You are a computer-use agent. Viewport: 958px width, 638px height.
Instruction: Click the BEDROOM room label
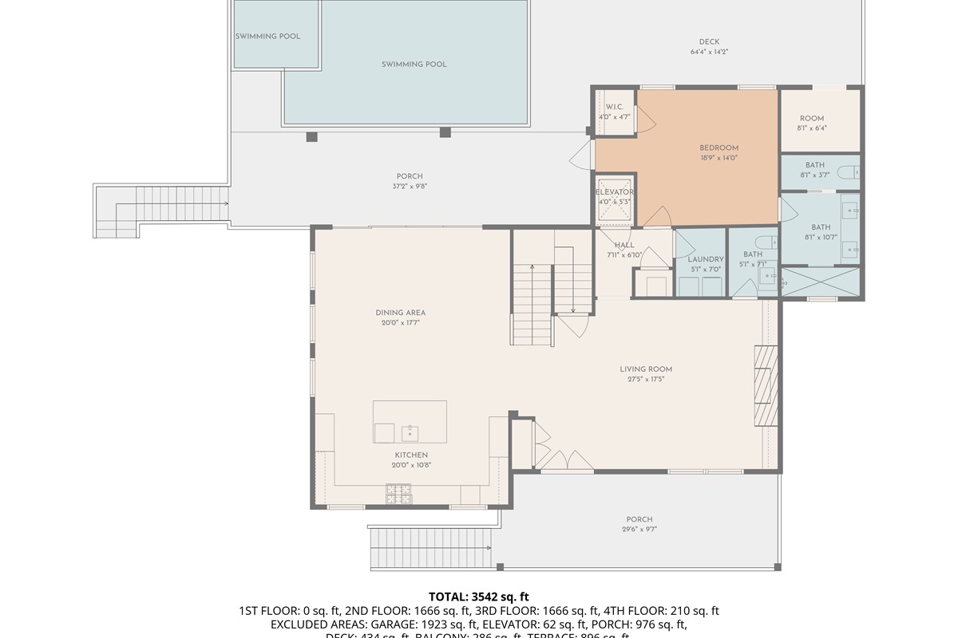click(718, 148)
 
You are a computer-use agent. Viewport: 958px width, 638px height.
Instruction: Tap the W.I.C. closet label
click(614, 107)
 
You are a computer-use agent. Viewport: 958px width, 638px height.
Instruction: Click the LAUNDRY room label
click(705, 259)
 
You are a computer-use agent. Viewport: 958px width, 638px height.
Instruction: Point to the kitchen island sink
click(410, 433)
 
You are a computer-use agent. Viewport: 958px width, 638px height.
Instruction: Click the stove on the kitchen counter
click(398, 494)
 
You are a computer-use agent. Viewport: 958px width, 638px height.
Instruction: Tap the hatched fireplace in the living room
click(766, 385)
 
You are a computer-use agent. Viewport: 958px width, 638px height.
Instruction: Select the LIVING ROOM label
click(646, 369)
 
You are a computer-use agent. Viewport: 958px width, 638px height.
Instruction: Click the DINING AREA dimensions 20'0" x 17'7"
click(400, 323)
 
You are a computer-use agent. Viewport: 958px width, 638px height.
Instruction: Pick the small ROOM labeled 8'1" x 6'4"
click(811, 119)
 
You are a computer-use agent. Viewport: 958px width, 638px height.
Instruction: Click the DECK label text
click(709, 42)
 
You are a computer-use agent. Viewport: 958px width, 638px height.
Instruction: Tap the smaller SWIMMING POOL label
click(267, 37)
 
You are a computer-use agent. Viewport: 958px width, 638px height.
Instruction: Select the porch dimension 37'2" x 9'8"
click(410, 187)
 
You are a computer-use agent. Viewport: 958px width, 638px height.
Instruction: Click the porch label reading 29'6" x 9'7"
click(639, 530)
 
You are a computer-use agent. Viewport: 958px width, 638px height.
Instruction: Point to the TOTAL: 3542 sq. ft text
click(478, 597)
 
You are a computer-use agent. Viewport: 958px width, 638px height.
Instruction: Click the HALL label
click(624, 245)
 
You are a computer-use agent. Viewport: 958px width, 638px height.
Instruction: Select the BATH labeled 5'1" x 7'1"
click(753, 254)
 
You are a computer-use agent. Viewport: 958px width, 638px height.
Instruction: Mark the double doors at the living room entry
click(567, 460)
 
